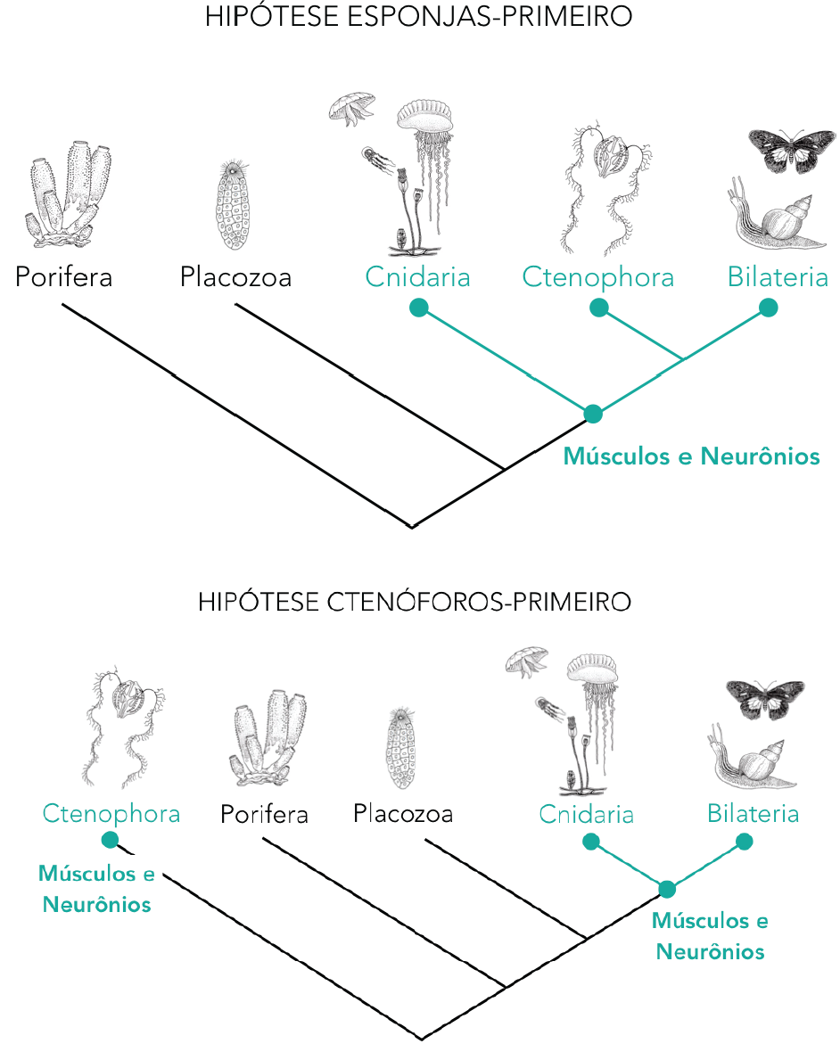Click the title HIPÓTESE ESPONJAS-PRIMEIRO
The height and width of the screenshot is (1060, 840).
418,17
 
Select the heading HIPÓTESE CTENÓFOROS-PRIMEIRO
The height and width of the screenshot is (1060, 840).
415,602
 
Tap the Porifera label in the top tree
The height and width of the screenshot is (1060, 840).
64,277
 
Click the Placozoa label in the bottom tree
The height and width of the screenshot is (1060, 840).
402,814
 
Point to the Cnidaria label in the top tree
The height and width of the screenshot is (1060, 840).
417,277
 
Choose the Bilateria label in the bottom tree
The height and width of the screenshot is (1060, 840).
753,814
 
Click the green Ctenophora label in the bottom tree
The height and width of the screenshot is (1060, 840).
111,814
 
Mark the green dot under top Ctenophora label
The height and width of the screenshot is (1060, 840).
599,308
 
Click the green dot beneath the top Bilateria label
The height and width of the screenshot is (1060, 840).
768,308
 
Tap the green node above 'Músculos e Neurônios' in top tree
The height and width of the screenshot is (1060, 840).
593,414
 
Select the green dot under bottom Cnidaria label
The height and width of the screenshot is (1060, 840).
589,841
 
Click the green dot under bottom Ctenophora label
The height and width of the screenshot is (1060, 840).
110,840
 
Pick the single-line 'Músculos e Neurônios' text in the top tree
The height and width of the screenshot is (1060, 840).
691,457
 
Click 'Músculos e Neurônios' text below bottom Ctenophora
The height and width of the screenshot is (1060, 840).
96,889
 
